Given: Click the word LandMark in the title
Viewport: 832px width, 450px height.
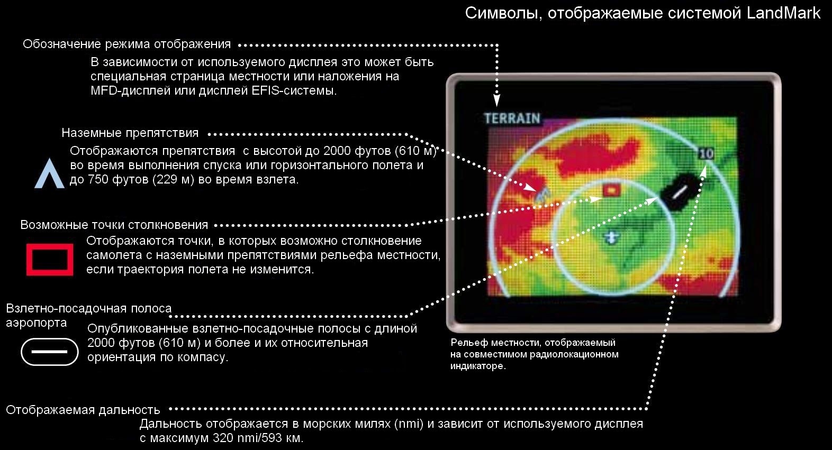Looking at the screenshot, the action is point(783,13).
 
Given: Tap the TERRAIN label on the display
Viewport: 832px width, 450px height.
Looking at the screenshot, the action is point(512,118).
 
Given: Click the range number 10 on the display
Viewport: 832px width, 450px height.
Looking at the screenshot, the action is point(706,153).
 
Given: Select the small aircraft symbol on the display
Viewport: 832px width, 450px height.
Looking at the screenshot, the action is point(611,237).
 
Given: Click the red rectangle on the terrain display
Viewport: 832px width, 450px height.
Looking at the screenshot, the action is point(611,190).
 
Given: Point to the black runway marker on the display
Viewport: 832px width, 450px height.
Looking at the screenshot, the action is point(680,192).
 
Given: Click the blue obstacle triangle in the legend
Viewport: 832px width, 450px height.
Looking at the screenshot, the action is point(49,173).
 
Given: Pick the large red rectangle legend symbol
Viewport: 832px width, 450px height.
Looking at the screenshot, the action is point(50,260).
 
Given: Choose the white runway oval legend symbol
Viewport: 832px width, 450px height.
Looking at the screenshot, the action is point(49,352).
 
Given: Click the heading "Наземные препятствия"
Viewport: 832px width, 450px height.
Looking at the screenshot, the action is point(130,133).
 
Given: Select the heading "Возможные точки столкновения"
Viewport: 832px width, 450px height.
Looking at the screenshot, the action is point(114,225).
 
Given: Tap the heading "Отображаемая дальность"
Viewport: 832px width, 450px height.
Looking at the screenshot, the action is point(83,410).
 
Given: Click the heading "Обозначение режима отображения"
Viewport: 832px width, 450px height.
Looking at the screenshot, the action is point(126,44).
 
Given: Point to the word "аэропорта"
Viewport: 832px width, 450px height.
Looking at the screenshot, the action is point(37,323).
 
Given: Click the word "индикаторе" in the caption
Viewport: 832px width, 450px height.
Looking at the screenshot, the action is point(478,366).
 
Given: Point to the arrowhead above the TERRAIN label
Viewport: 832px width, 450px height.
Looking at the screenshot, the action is point(496,100).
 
